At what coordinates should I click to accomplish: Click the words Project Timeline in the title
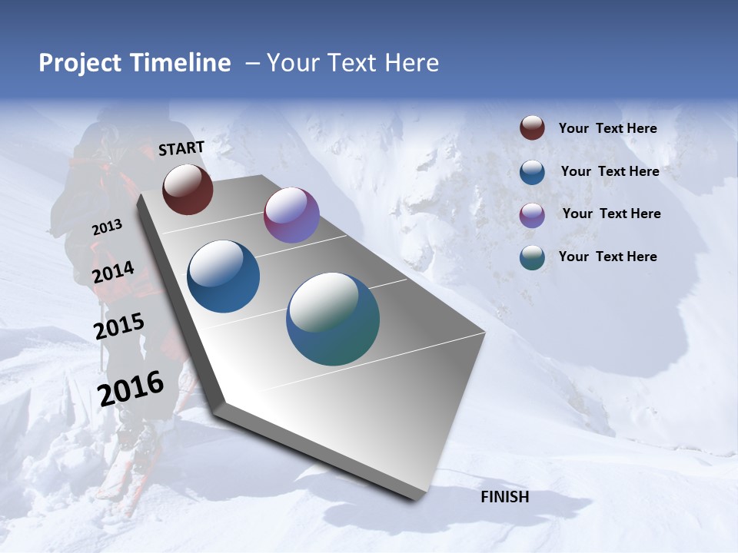click(135, 63)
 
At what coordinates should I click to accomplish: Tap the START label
click(181, 148)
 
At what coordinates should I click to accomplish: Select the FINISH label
click(504, 497)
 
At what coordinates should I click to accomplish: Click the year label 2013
click(108, 227)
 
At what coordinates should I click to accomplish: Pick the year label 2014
click(114, 273)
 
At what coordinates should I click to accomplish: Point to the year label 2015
click(119, 326)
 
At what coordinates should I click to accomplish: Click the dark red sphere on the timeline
click(188, 190)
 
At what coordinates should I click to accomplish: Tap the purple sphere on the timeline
click(291, 215)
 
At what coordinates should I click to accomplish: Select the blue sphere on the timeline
click(224, 276)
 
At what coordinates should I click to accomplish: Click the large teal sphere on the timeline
click(333, 319)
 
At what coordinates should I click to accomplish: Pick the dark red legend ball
click(532, 128)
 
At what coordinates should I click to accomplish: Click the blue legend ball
click(532, 172)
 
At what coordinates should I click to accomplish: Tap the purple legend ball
click(532, 214)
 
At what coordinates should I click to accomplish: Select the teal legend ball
click(532, 257)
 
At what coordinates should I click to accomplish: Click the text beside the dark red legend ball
click(607, 128)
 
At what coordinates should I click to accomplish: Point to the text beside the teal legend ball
click(607, 257)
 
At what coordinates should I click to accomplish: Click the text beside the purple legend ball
click(611, 214)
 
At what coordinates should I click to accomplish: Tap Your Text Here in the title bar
click(353, 63)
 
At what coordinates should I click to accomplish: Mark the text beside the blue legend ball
click(610, 171)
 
